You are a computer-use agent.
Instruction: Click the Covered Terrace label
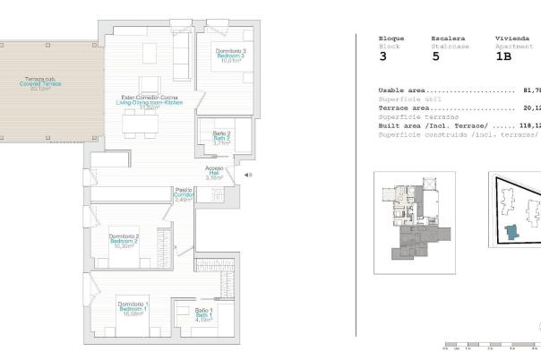click(x=38, y=83)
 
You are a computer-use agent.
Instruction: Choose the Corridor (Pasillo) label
click(x=183, y=194)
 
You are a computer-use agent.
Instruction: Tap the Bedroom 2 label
click(x=122, y=241)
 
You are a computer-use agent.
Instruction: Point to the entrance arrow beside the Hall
click(x=247, y=176)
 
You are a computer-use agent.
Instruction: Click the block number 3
click(x=383, y=55)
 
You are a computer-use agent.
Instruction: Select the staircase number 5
click(x=435, y=55)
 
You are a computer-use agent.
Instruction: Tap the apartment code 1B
click(x=503, y=55)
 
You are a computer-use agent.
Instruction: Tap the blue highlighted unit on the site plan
click(x=511, y=233)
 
